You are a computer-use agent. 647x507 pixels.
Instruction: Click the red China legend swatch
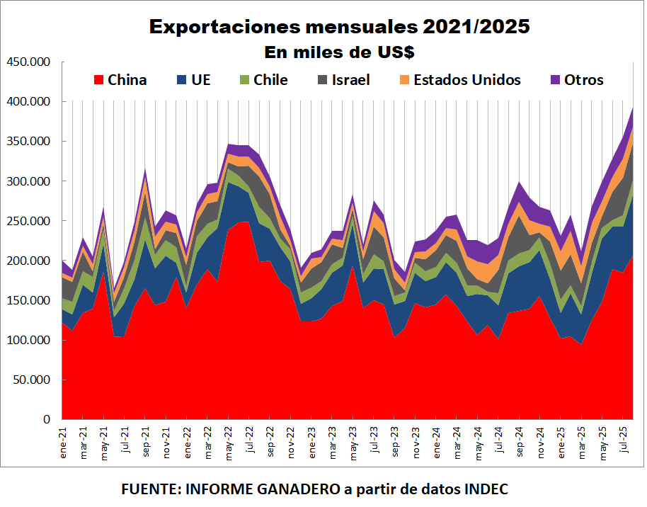[98, 80]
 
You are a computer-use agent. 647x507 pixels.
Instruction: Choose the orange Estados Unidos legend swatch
[405, 80]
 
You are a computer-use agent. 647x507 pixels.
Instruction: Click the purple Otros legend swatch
[555, 80]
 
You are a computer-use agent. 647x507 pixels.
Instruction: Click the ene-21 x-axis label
[63, 444]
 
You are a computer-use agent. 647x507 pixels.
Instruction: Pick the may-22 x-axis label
[229, 444]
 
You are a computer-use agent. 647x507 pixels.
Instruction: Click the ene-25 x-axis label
[561, 444]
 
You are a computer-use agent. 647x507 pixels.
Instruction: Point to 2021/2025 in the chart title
[476, 28]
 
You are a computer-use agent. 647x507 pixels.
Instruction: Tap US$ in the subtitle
[395, 52]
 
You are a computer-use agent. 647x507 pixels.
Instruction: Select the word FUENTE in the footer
[149, 489]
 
